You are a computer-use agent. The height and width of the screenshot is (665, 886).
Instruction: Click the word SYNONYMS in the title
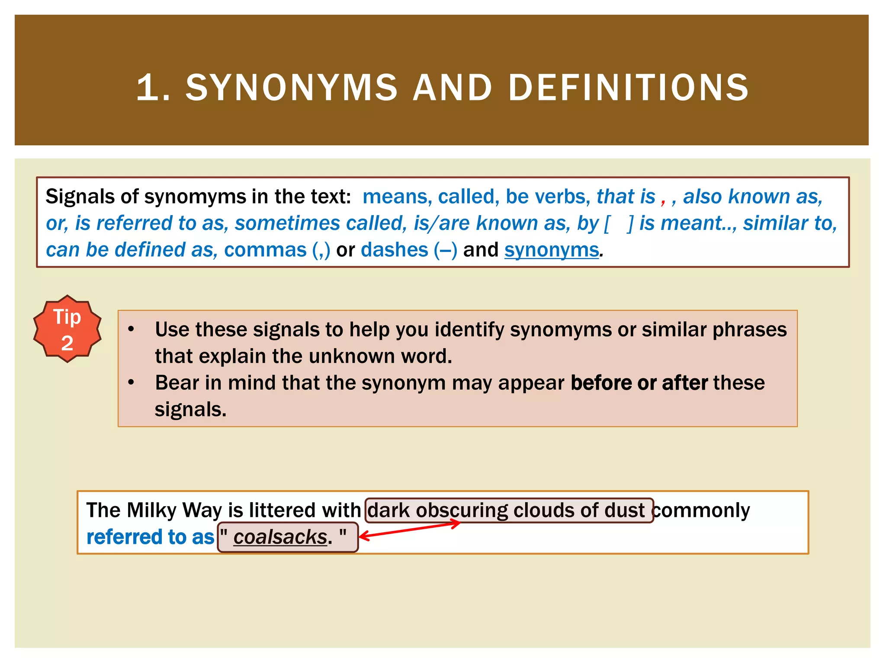coord(291,87)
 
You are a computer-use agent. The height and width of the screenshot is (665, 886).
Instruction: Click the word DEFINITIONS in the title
coord(628,87)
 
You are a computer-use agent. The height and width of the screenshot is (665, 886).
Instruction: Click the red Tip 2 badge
coord(67,329)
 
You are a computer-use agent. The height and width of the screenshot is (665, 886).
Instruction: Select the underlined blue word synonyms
coord(551,250)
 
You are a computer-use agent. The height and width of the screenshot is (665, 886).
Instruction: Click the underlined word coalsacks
coord(280,537)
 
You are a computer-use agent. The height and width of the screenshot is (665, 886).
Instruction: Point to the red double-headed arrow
coord(409,530)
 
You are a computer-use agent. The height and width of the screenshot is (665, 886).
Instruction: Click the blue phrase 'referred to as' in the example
coord(150,537)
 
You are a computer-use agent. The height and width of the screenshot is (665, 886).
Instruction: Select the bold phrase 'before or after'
coord(639,383)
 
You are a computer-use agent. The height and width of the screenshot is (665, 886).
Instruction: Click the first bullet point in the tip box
coord(131,329)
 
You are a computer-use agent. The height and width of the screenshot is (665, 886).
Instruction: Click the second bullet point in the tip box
coord(131,383)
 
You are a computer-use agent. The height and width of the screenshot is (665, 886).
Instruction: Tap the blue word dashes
coord(394,250)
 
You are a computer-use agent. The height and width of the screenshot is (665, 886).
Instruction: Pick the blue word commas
coord(265,250)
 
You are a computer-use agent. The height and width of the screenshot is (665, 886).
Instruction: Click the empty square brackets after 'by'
coord(619,223)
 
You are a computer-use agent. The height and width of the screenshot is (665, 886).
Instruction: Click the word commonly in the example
coord(701,510)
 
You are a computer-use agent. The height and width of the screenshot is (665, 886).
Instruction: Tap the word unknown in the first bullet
coord(352,356)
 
